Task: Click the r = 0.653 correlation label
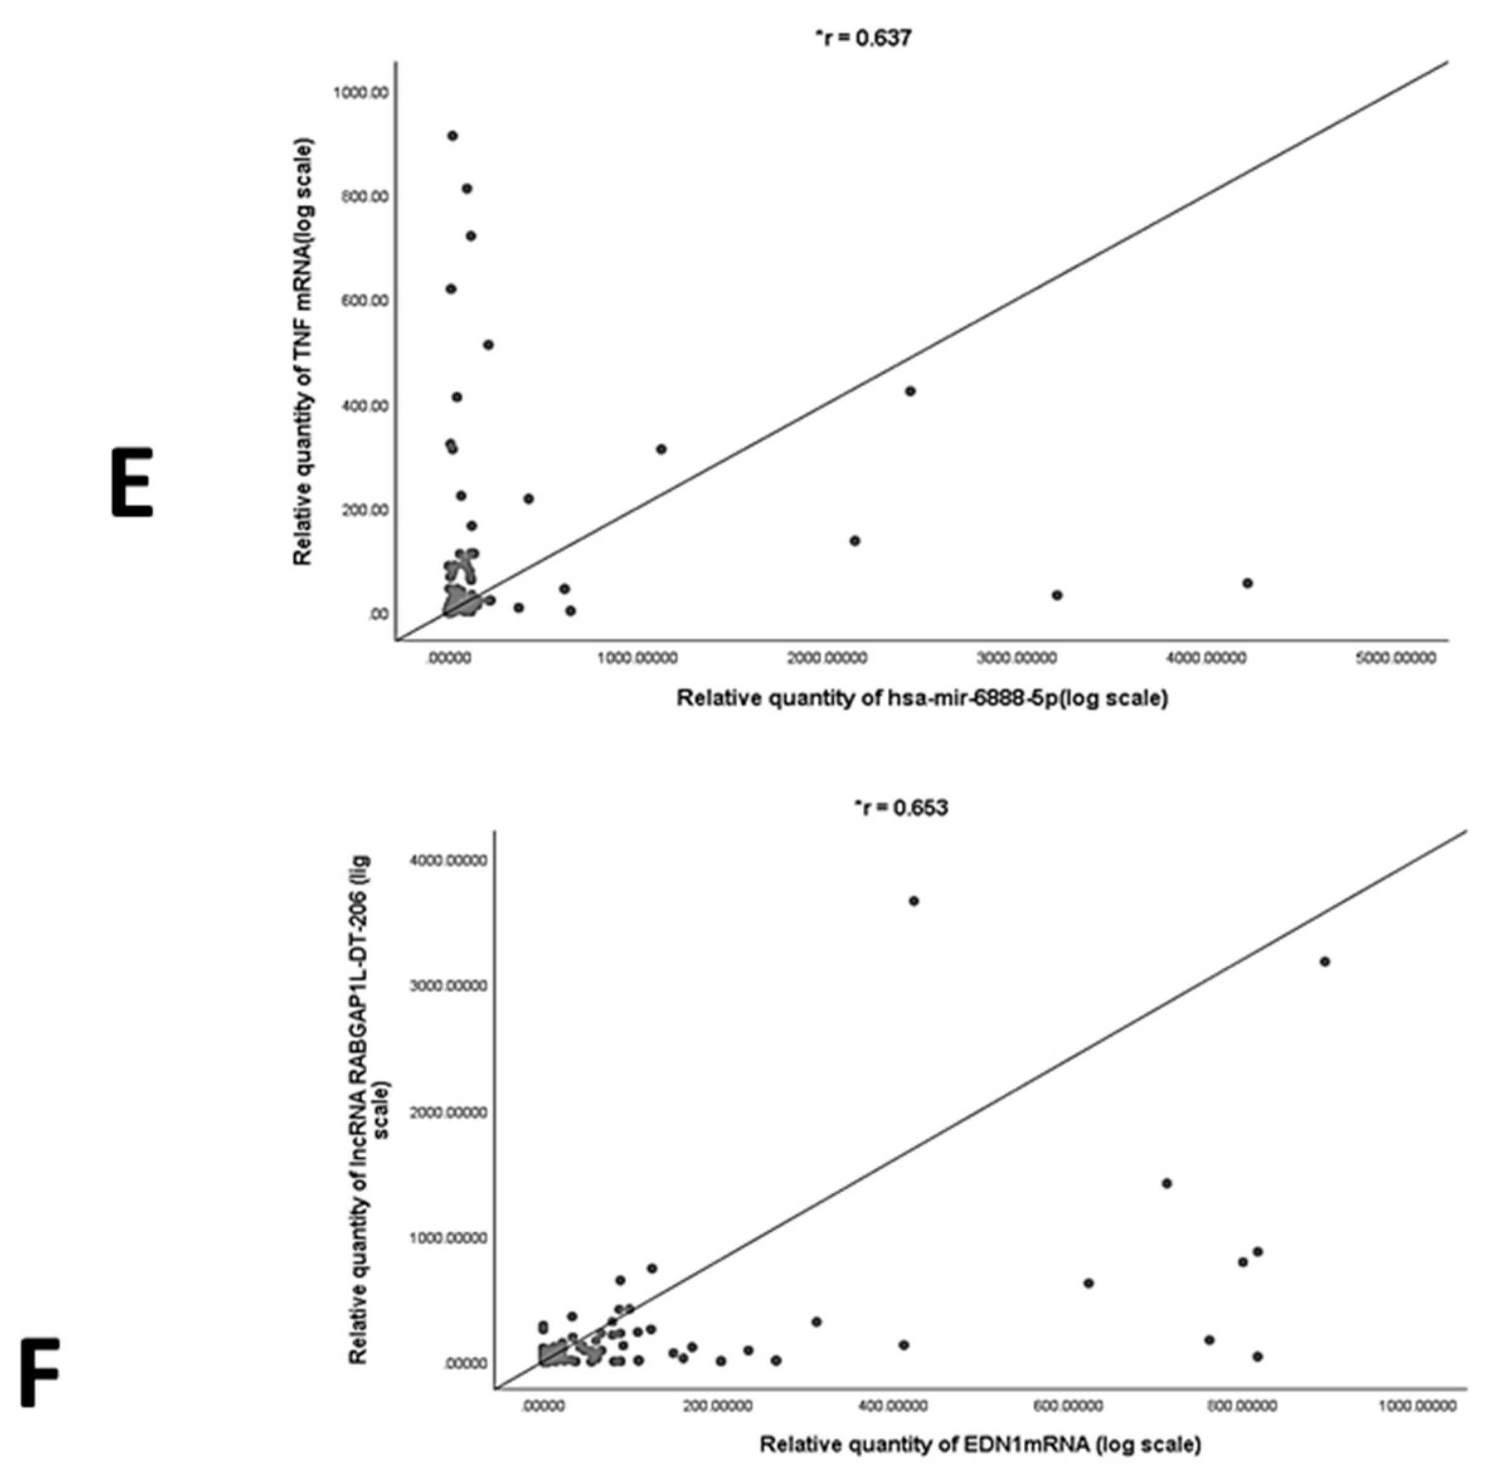coord(899,808)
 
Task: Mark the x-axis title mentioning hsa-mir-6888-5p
coord(922,698)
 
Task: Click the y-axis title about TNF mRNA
coord(303,352)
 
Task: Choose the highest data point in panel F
coord(913,901)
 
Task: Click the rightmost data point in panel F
coord(1324,962)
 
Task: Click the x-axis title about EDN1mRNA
coord(980,1445)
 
